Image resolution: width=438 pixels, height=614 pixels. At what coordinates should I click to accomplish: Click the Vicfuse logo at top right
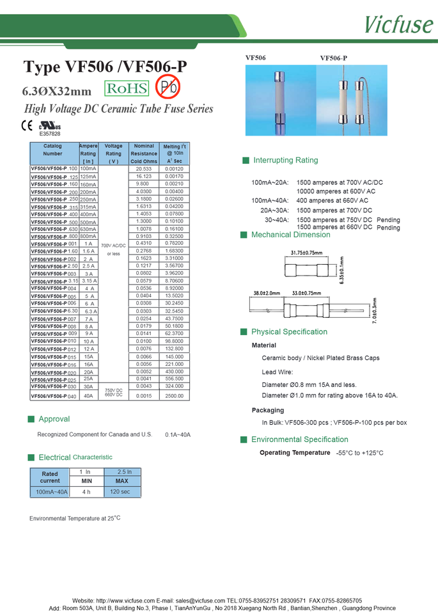pyautogui.click(x=398, y=24)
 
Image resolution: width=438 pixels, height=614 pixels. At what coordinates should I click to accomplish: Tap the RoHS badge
pyautogui.click(x=127, y=88)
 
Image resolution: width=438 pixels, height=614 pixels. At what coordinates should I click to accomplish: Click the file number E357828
pyautogui.click(x=50, y=134)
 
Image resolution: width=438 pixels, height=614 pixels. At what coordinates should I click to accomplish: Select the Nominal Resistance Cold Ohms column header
pyautogui.click(x=144, y=153)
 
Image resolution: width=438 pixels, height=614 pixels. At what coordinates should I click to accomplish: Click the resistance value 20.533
pyautogui.click(x=144, y=169)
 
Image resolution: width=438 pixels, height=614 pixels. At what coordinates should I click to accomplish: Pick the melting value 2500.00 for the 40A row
pyautogui.click(x=174, y=396)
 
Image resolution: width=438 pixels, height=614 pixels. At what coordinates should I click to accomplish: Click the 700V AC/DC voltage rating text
pyautogui.click(x=113, y=245)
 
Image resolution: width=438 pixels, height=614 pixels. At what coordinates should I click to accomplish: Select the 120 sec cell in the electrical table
pyautogui.click(x=120, y=491)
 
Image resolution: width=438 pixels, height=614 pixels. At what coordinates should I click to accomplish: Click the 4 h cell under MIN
pyautogui.click(x=86, y=491)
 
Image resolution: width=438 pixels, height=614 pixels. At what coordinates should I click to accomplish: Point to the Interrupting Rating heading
pyautogui.click(x=285, y=160)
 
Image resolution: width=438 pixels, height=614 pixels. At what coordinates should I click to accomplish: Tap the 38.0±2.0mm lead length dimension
pyautogui.click(x=267, y=293)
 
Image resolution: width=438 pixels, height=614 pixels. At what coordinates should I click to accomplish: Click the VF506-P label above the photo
pyautogui.click(x=333, y=58)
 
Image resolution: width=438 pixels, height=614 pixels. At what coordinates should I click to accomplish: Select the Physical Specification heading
pyautogui.click(x=288, y=331)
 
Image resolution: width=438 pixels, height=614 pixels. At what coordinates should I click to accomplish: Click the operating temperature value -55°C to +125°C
pyautogui.click(x=359, y=453)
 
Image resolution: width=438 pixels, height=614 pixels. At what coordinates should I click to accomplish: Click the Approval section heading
pyautogui.click(x=54, y=419)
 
